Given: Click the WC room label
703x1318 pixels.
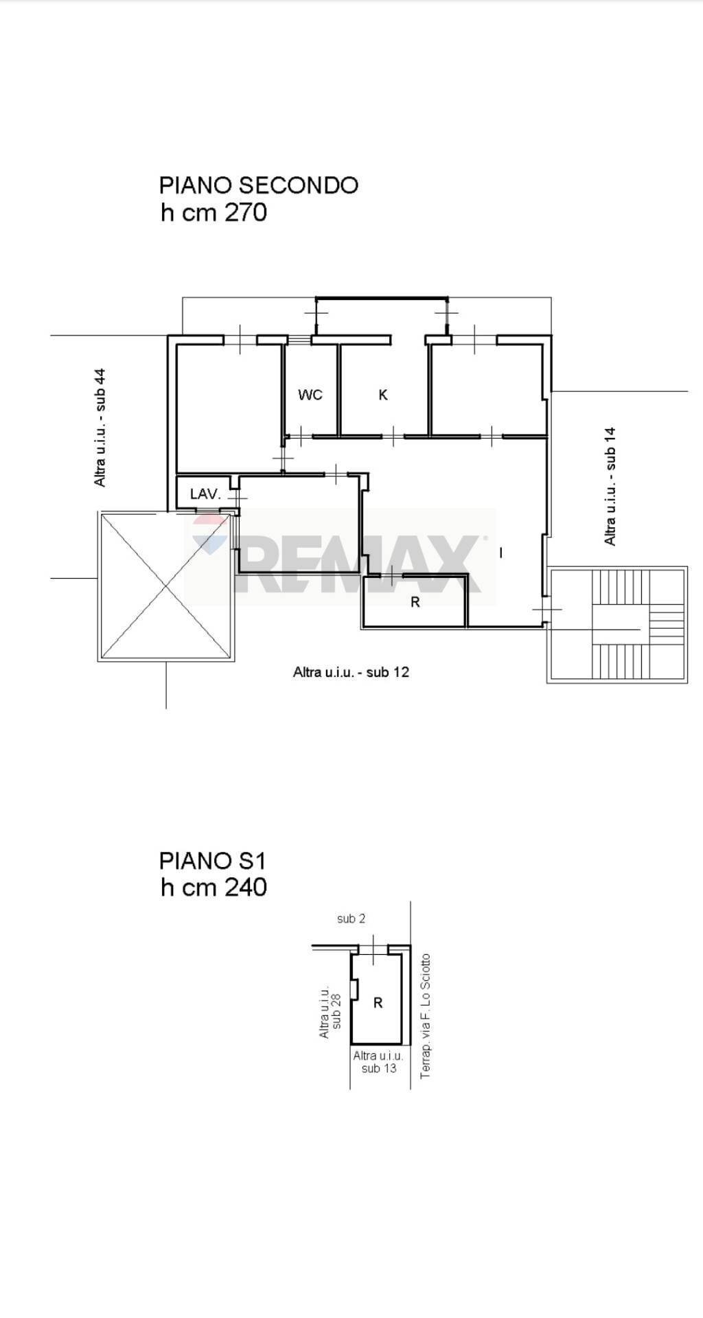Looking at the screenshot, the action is (310, 395).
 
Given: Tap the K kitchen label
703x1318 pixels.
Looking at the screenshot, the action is (383, 395).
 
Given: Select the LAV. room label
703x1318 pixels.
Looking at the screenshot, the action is (205, 494).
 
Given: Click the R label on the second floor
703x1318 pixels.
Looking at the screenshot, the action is (415, 603).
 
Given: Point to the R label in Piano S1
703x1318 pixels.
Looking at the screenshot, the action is (378, 1003).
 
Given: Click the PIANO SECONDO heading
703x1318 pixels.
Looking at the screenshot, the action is (259, 185).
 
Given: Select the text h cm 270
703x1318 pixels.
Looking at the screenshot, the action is (214, 213).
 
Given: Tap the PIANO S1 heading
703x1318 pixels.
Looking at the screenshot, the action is (212, 860).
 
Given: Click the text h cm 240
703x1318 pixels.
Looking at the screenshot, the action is (214, 888).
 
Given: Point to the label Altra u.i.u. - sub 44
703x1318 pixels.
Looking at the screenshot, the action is (100, 428).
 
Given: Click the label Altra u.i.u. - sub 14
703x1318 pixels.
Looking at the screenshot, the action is (610, 487).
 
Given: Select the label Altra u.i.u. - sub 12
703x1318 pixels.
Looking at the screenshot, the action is (351, 672).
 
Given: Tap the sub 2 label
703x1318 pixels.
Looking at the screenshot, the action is (351, 918).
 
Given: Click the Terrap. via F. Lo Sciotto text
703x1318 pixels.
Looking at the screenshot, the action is (426, 1016).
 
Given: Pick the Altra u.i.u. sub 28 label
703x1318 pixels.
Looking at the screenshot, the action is (330, 1012).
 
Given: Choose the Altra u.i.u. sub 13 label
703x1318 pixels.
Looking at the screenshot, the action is (378, 1062).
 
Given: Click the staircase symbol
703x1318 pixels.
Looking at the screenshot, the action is (617, 625).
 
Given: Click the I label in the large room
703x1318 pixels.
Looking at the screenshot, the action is (501, 553).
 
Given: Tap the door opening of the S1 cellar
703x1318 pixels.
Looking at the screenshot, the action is (373, 949).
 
